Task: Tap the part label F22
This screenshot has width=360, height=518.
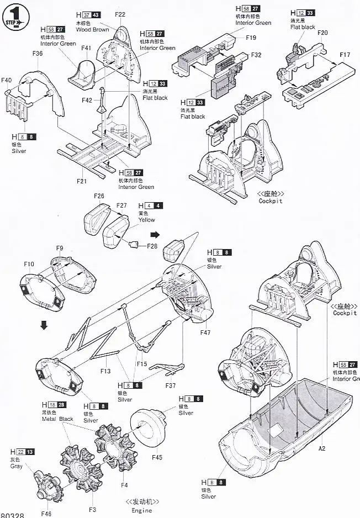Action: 120,14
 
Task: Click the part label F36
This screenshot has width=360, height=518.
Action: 38,54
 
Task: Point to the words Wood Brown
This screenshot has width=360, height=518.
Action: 93,29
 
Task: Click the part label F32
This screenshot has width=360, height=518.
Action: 256,55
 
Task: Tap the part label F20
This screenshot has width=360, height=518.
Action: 322,33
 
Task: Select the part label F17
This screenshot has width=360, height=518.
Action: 345,55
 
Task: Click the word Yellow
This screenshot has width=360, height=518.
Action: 147,220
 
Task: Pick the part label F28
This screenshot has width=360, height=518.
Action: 152,246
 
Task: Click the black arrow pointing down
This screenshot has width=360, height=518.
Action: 44,325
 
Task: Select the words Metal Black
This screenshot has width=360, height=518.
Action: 57,419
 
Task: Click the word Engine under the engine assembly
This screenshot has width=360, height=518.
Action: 142,511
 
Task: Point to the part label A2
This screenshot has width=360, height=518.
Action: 322,448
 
